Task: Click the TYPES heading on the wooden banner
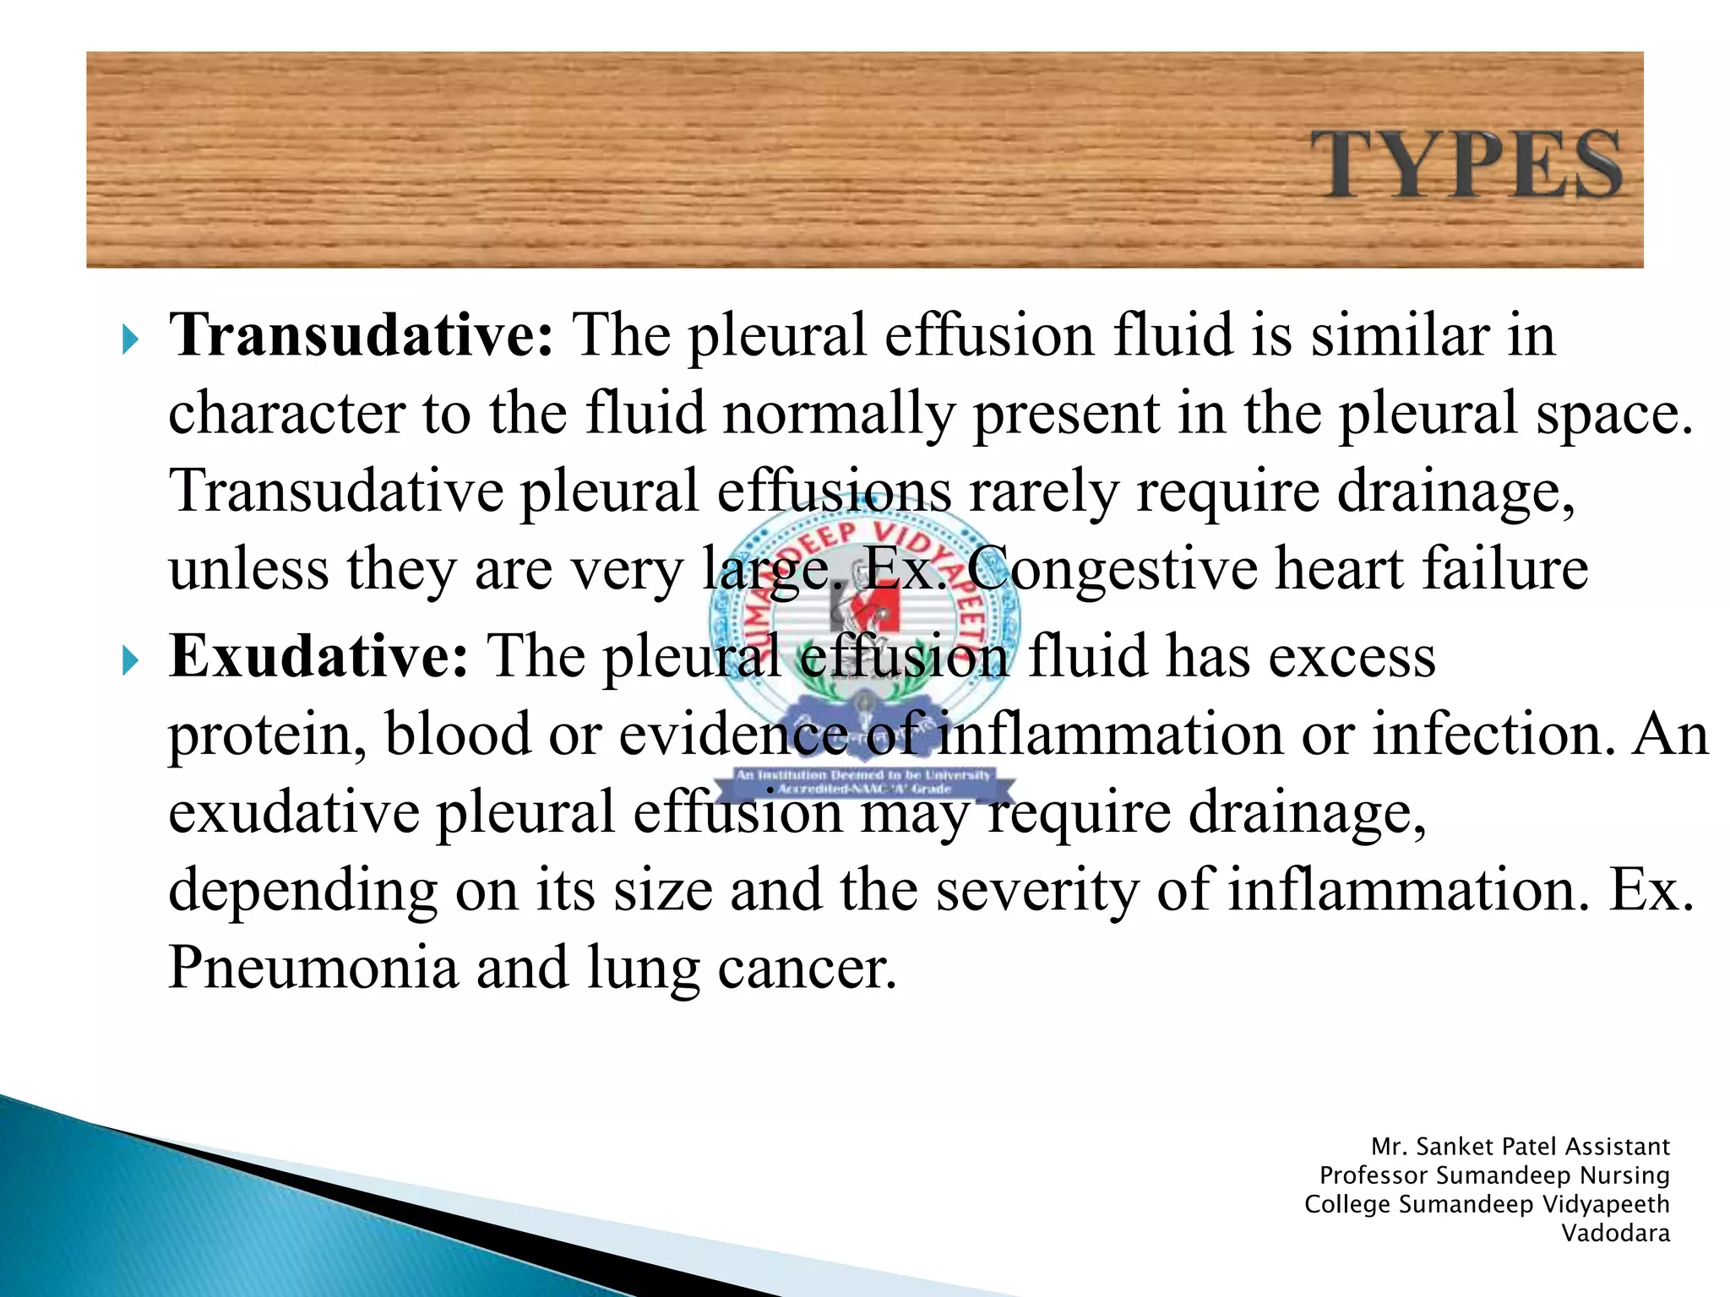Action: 1466,165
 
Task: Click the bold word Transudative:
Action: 362,335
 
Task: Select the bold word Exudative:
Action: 318,656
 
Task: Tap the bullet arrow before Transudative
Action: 129,340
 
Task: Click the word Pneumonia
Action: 313,967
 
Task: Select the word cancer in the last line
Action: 807,969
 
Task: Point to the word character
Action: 286,414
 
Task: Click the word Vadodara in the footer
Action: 1615,1234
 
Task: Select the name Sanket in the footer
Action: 1452,1147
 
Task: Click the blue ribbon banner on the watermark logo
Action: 863,782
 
